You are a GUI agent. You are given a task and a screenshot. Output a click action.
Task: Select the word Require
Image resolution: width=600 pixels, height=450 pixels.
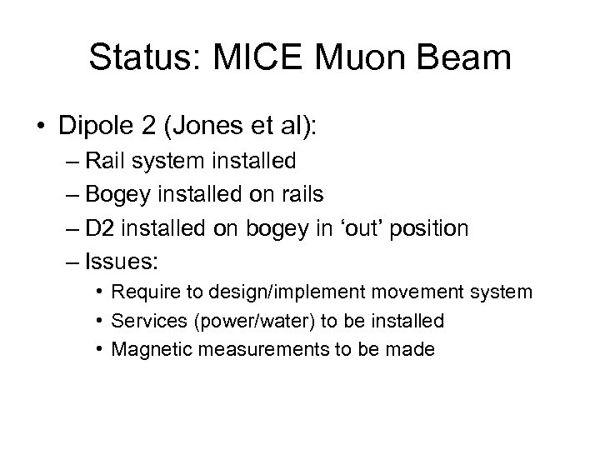[x=143, y=293]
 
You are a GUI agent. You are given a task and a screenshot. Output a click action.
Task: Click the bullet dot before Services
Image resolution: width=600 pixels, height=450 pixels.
[x=98, y=322]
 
